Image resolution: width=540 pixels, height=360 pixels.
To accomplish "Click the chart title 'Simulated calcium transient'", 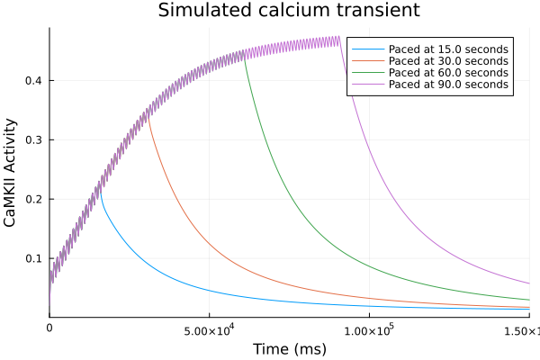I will (289, 11).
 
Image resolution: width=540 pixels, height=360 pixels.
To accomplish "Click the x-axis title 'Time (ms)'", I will (289, 348).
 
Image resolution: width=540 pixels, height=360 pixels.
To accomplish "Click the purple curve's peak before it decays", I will (339, 38).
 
